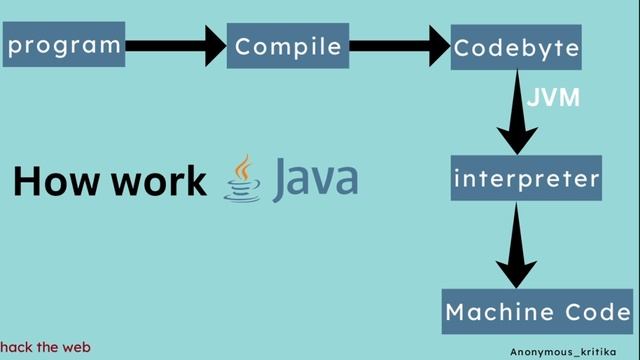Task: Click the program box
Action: [x=64, y=45]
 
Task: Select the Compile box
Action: [x=288, y=46]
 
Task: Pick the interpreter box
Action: [x=526, y=179]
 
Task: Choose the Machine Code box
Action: [x=537, y=311]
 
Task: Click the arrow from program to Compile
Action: [x=176, y=45]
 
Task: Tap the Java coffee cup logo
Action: [x=241, y=180]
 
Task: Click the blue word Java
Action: [x=315, y=179]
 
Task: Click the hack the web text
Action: [x=46, y=347]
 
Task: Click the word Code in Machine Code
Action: [x=593, y=311]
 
